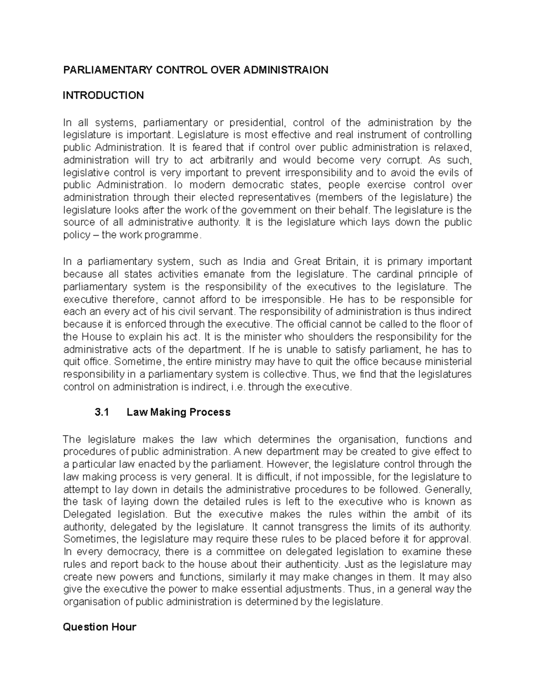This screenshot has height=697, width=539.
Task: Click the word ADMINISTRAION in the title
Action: [288, 70]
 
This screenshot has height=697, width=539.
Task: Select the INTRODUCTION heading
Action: [103, 95]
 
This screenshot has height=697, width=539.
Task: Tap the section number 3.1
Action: [102, 412]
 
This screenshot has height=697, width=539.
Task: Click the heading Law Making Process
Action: [179, 412]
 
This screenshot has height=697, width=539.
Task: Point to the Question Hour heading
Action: [99, 627]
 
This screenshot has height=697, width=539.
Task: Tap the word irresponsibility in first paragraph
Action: [318, 173]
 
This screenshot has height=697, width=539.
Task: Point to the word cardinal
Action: [394, 274]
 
